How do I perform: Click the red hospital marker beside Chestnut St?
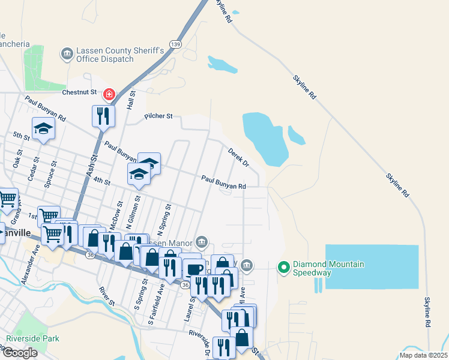coord(109,94)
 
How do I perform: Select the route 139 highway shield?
coord(175,44)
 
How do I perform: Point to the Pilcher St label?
coord(158,116)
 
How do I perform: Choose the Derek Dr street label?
coord(238,157)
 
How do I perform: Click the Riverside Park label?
coord(32,338)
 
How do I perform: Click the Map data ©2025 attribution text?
coord(423,355)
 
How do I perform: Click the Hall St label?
coord(131,100)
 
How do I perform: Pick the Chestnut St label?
coord(80,92)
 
